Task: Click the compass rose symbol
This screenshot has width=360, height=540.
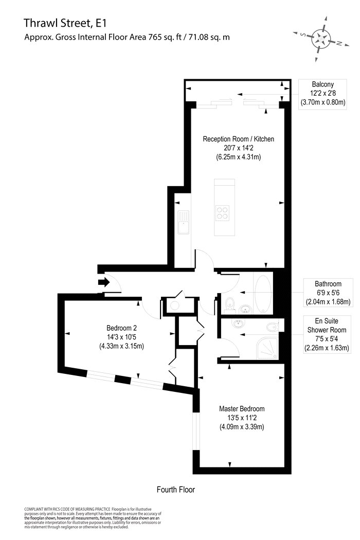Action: point(321,39)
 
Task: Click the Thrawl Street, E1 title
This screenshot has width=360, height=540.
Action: point(65,23)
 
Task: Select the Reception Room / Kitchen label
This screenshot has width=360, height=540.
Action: point(239,139)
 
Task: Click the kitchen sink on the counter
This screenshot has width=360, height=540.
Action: point(184,222)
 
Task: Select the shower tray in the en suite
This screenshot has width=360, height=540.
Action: point(267,348)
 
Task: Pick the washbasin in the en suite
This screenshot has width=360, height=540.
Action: point(238,323)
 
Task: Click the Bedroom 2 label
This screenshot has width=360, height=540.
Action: point(121,328)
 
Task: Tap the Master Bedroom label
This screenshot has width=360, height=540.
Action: point(242,409)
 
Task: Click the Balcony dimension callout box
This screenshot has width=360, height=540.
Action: point(323,94)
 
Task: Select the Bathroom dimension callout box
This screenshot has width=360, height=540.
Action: point(328,293)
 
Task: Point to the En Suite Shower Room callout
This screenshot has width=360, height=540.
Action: point(327,334)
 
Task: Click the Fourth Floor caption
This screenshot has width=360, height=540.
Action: point(176,490)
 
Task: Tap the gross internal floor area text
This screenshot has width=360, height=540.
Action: point(127,37)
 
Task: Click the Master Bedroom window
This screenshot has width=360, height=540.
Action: point(196,431)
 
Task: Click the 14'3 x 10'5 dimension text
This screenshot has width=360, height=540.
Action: point(121,337)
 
